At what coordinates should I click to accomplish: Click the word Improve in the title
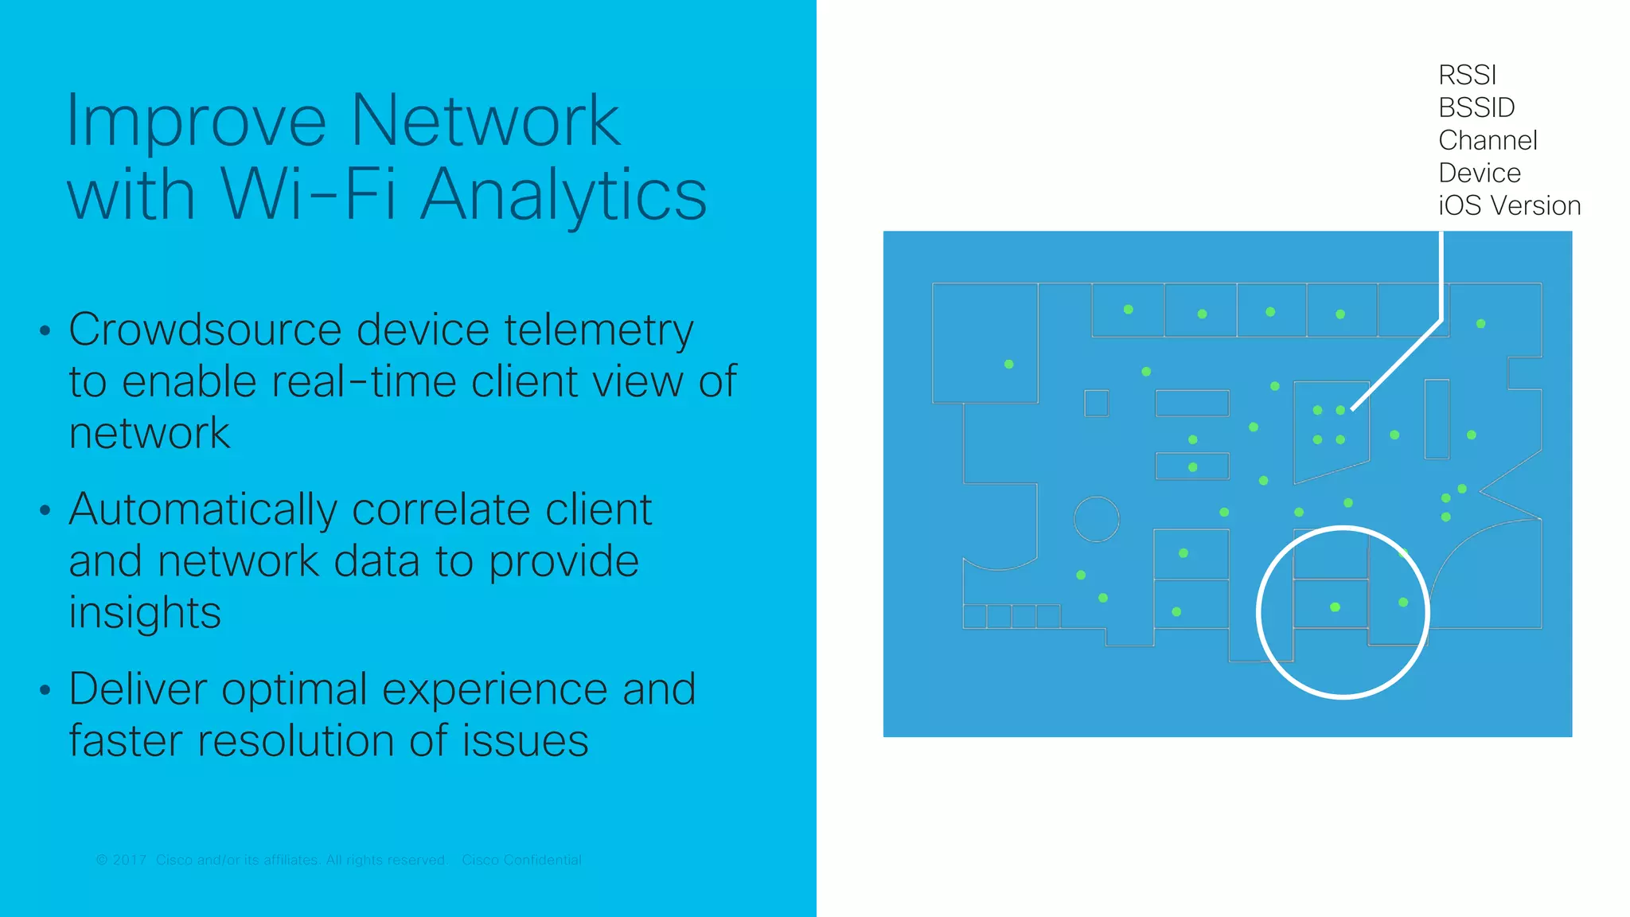point(196,121)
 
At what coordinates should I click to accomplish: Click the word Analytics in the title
point(563,194)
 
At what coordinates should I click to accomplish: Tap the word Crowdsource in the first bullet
point(205,330)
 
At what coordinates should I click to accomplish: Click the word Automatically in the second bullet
point(203,511)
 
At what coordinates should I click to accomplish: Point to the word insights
point(145,613)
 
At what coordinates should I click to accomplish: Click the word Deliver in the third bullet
point(138,689)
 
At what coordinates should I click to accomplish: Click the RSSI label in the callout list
point(1467,75)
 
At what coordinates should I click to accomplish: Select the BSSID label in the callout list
point(1476,107)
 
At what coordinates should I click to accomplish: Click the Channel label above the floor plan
point(1488,140)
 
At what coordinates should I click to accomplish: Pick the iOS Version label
point(1509,205)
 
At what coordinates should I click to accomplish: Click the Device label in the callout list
point(1480,173)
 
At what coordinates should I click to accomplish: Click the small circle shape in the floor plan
point(1096,519)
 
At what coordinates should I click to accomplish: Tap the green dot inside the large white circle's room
point(1335,607)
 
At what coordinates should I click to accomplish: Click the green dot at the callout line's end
point(1340,410)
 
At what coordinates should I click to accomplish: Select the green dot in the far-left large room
point(1008,364)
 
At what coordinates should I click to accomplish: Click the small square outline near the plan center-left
point(1096,403)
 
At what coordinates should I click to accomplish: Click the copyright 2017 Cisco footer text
point(271,860)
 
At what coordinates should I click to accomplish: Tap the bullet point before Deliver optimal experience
point(45,690)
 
